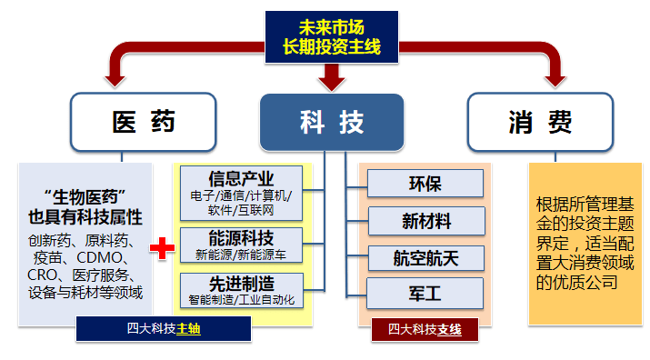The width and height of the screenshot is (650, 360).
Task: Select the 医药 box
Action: coord(144,122)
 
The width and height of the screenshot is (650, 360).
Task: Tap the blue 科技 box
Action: coord(331,122)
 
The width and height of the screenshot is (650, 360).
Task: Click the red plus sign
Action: coord(162,248)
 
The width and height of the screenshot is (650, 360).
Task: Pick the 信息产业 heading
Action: coord(241,178)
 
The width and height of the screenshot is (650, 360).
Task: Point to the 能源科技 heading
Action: coord(241,238)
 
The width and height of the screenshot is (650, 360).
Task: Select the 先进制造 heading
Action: coord(241,282)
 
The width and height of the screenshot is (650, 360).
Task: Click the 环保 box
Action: coord(425,184)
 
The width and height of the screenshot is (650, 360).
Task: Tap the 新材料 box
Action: coord(425,221)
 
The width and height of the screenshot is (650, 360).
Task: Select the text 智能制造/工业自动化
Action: coord(241,297)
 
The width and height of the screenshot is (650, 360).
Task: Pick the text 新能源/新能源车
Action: coord(241,254)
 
